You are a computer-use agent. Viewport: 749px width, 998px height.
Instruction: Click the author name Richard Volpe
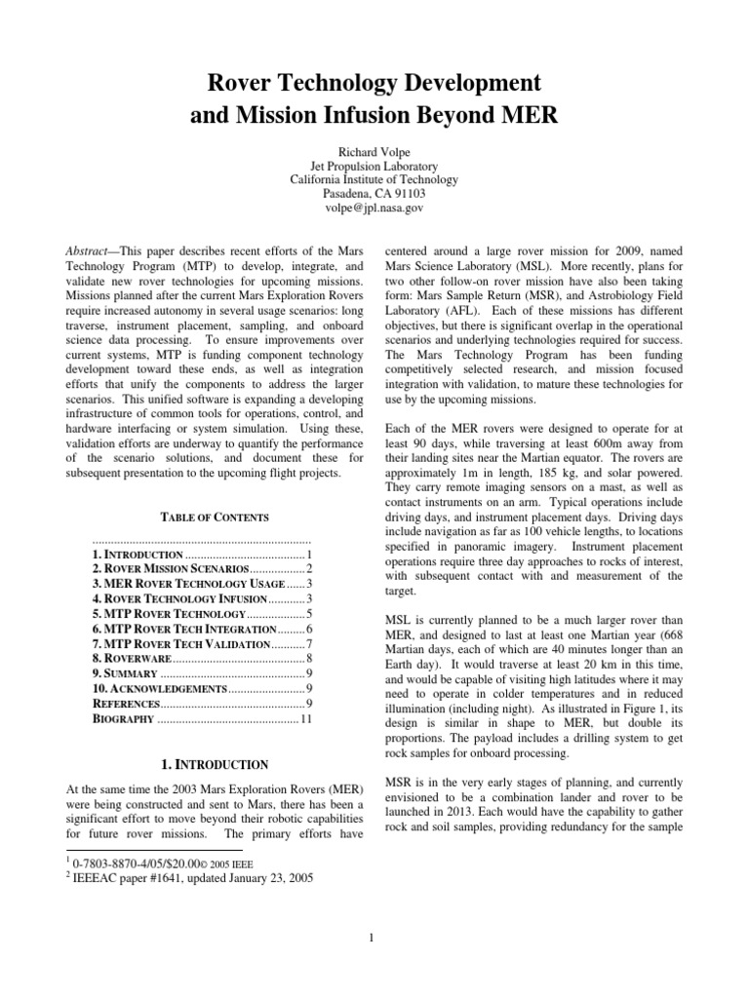pyautogui.click(x=374, y=151)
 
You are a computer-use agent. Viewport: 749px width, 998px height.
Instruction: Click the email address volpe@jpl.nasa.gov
pyautogui.click(x=374, y=208)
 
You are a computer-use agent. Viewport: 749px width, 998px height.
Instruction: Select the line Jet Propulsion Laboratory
pyautogui.click(x=374, y=166)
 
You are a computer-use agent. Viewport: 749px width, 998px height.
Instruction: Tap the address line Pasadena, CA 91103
pyautogui.click(x=374, y=194)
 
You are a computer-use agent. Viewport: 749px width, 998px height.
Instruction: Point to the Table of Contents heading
pyautogui.click(x=201, y=517)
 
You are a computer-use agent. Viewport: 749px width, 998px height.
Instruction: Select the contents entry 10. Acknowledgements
pyautogui.click(x=159, y=689)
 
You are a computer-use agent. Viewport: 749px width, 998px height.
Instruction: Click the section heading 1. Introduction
pyautogui.click(x=201, y=764)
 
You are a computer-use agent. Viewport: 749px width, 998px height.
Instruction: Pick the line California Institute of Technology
pyautogui.click(x=374, y=179)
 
